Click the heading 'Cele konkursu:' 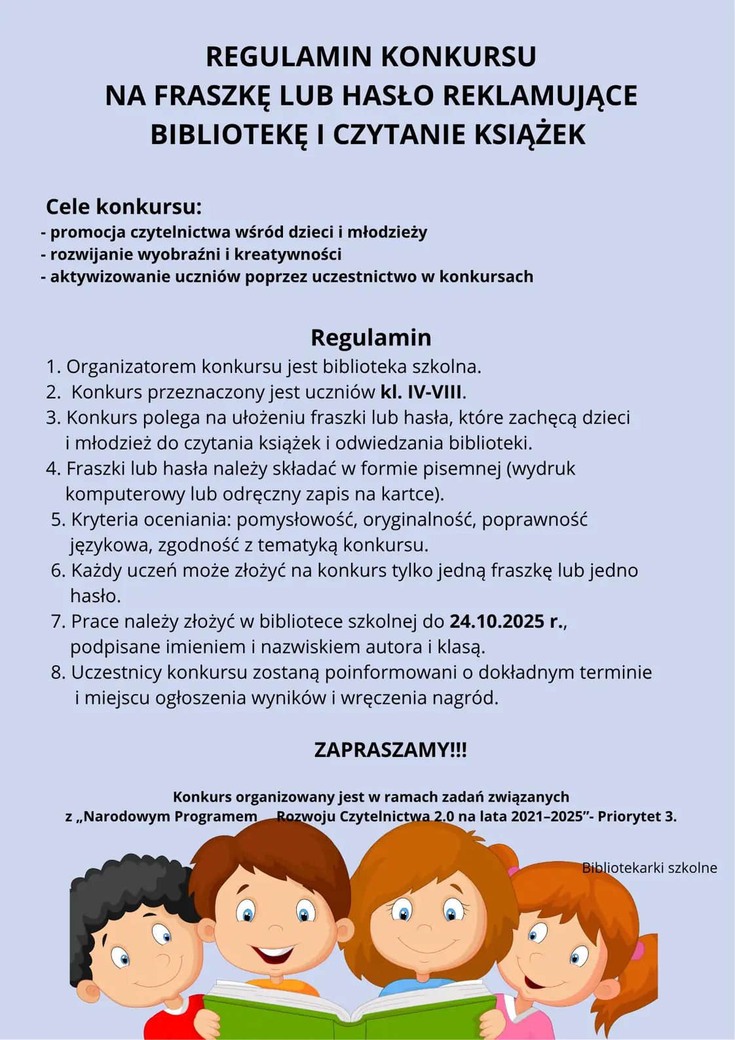pos(124,206)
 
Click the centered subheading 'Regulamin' pos(371,337)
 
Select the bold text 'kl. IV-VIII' pos(421,392)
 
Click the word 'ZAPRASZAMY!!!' pos(390,750)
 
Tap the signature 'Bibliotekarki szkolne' pos(649,868)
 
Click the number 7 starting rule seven pos(56,621)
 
